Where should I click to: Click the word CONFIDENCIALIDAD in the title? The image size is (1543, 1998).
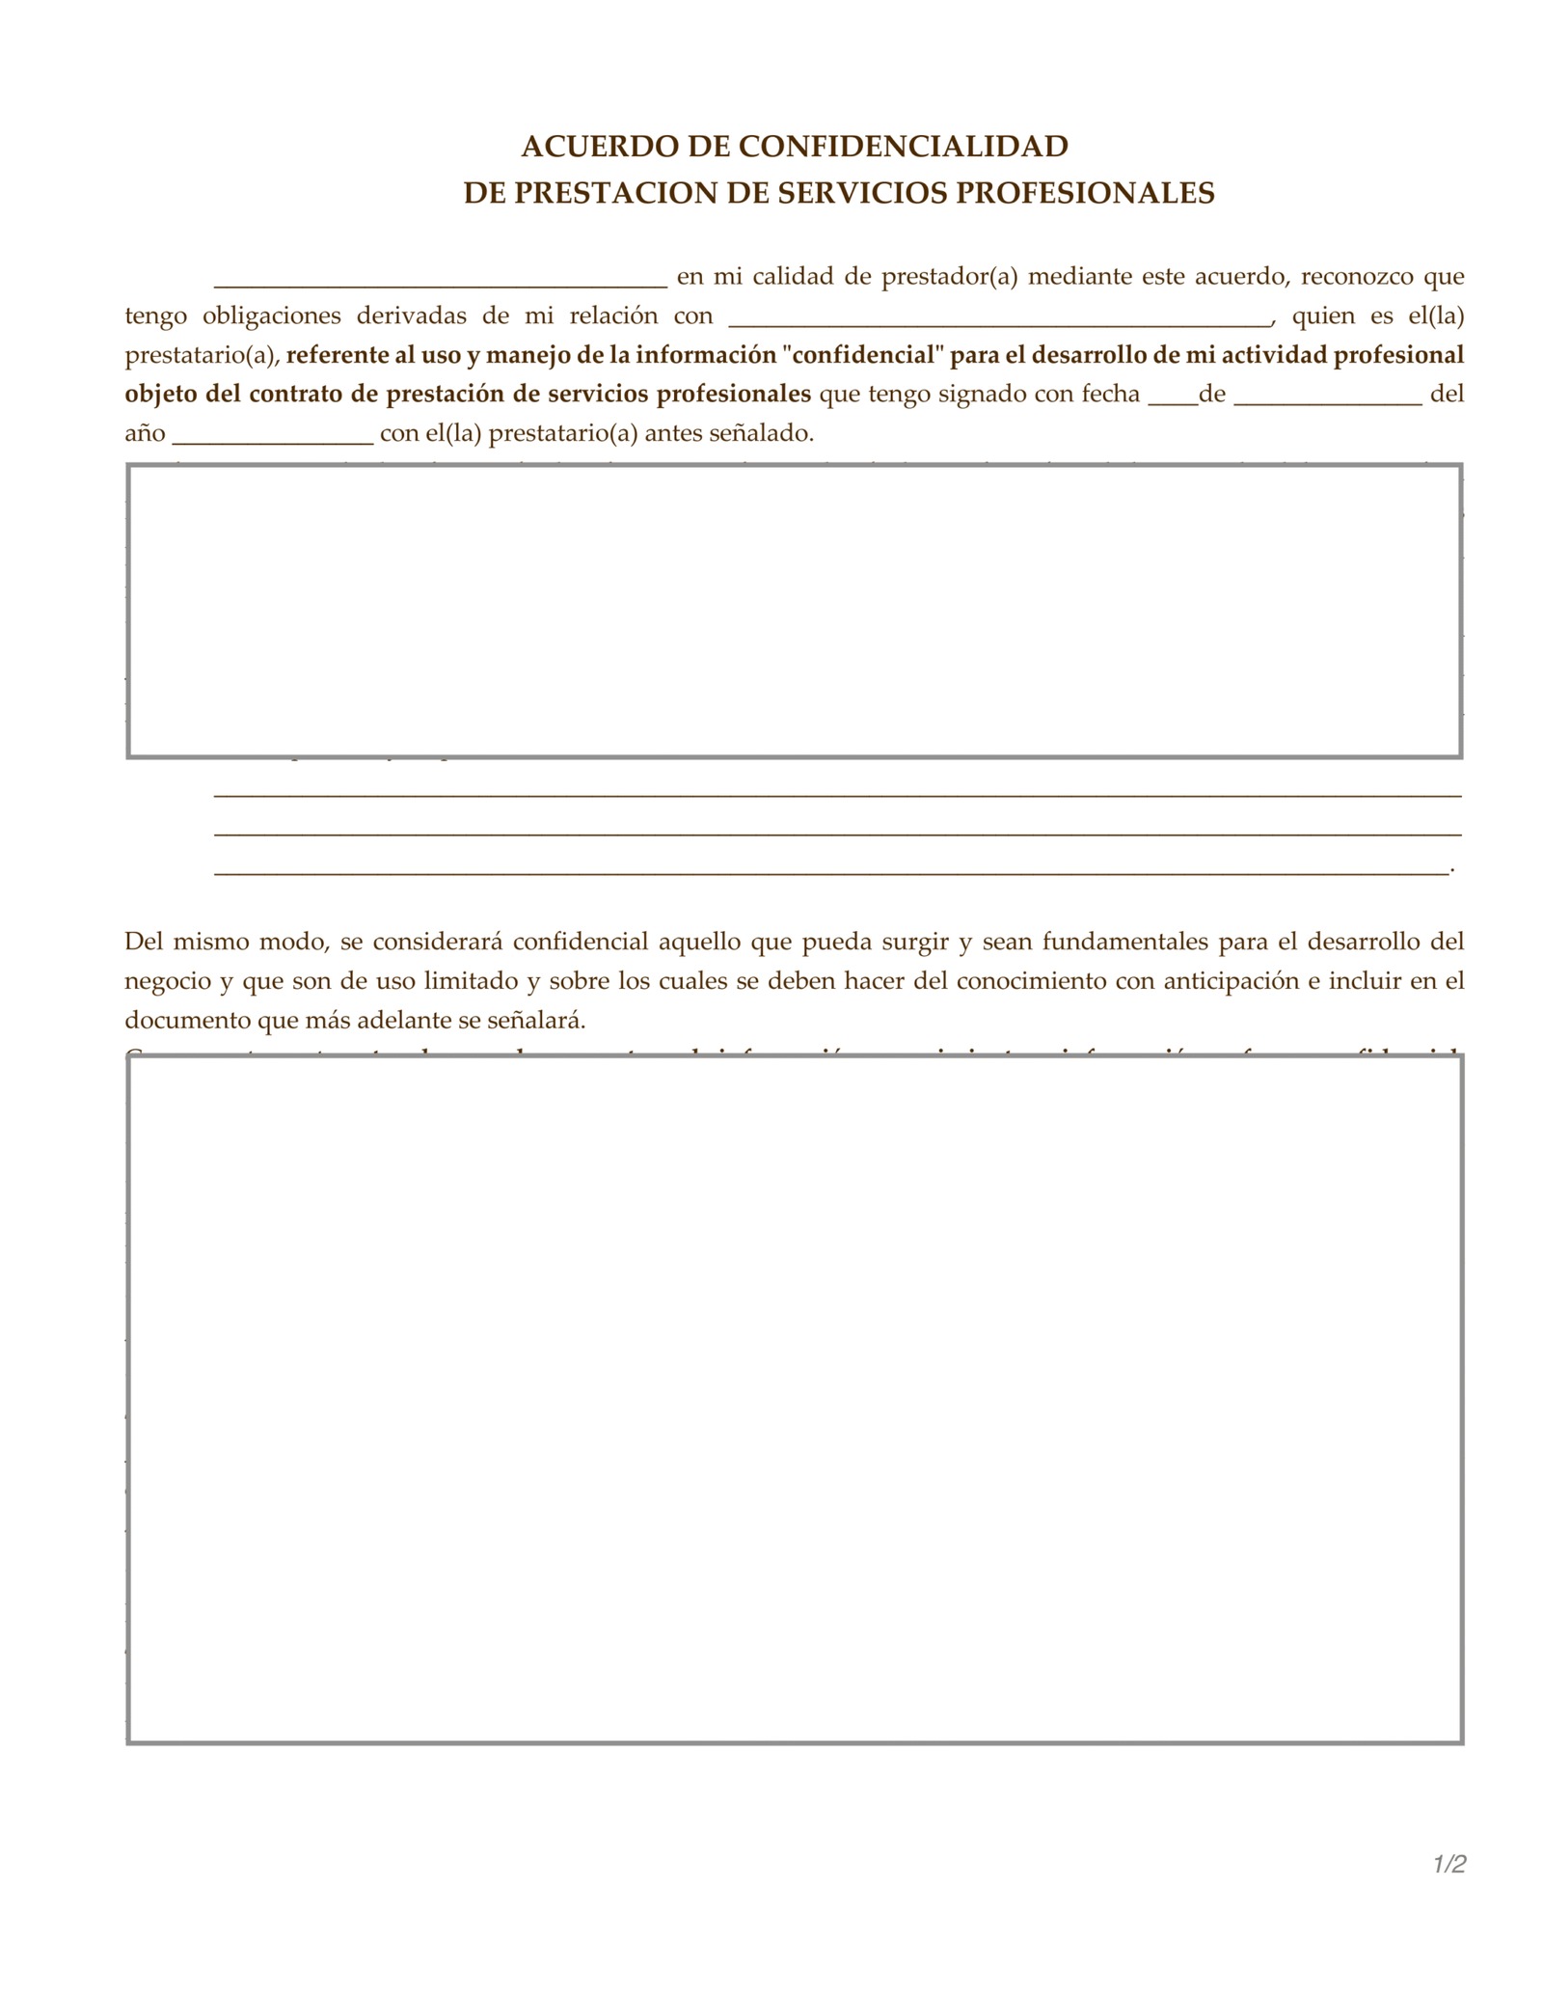[x=904, y=146]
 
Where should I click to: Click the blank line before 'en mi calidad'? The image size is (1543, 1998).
[x=440, y=283]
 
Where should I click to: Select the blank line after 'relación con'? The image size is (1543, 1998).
[x=999, y=322]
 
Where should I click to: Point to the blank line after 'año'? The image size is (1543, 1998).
[x=273, y=439]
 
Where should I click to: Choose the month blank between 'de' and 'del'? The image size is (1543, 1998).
[x=1327, y=399]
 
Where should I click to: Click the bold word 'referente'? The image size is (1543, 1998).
[x=337, y=355]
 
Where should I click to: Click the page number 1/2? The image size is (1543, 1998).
[x=1448, y=1864]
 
